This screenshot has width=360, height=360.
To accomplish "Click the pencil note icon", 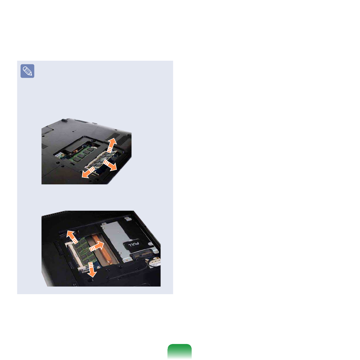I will [x=27, y=71].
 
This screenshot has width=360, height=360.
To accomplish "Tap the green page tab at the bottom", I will [x=179, y=352].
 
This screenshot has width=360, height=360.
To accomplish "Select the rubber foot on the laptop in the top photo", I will [x=64, y=120].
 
